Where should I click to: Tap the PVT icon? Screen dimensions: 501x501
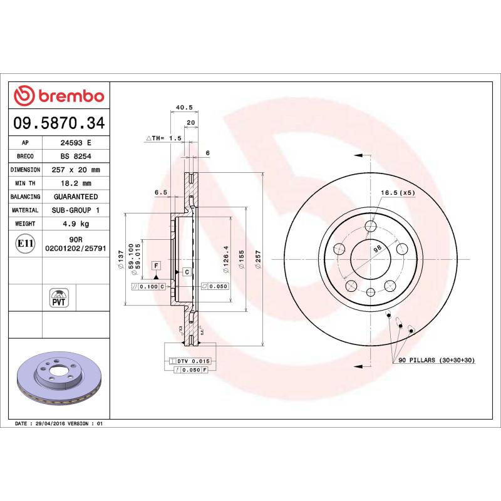[59, 297]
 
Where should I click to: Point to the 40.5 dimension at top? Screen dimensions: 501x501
[183, 107]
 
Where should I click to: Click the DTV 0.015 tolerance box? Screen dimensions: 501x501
[190, 361]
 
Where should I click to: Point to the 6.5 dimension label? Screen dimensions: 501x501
[161, 193]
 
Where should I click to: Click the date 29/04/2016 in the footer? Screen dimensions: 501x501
[59, 424]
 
